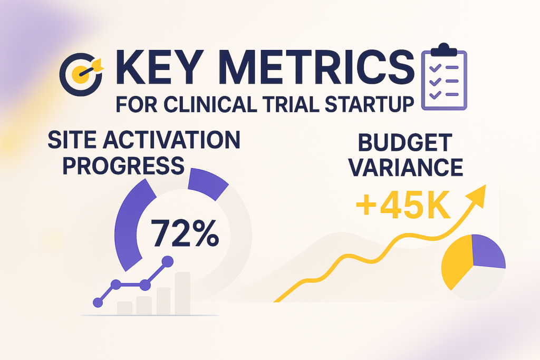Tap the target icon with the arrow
81,74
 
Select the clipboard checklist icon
444,76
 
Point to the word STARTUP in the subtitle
369,104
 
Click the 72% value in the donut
185,233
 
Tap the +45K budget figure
403,206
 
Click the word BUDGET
405,142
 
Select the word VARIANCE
406,168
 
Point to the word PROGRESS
123,166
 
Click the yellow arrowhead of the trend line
478,195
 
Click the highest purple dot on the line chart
167,261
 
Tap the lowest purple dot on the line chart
98,303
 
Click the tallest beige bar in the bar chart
182,293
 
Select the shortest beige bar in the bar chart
124,308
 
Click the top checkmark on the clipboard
435,67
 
